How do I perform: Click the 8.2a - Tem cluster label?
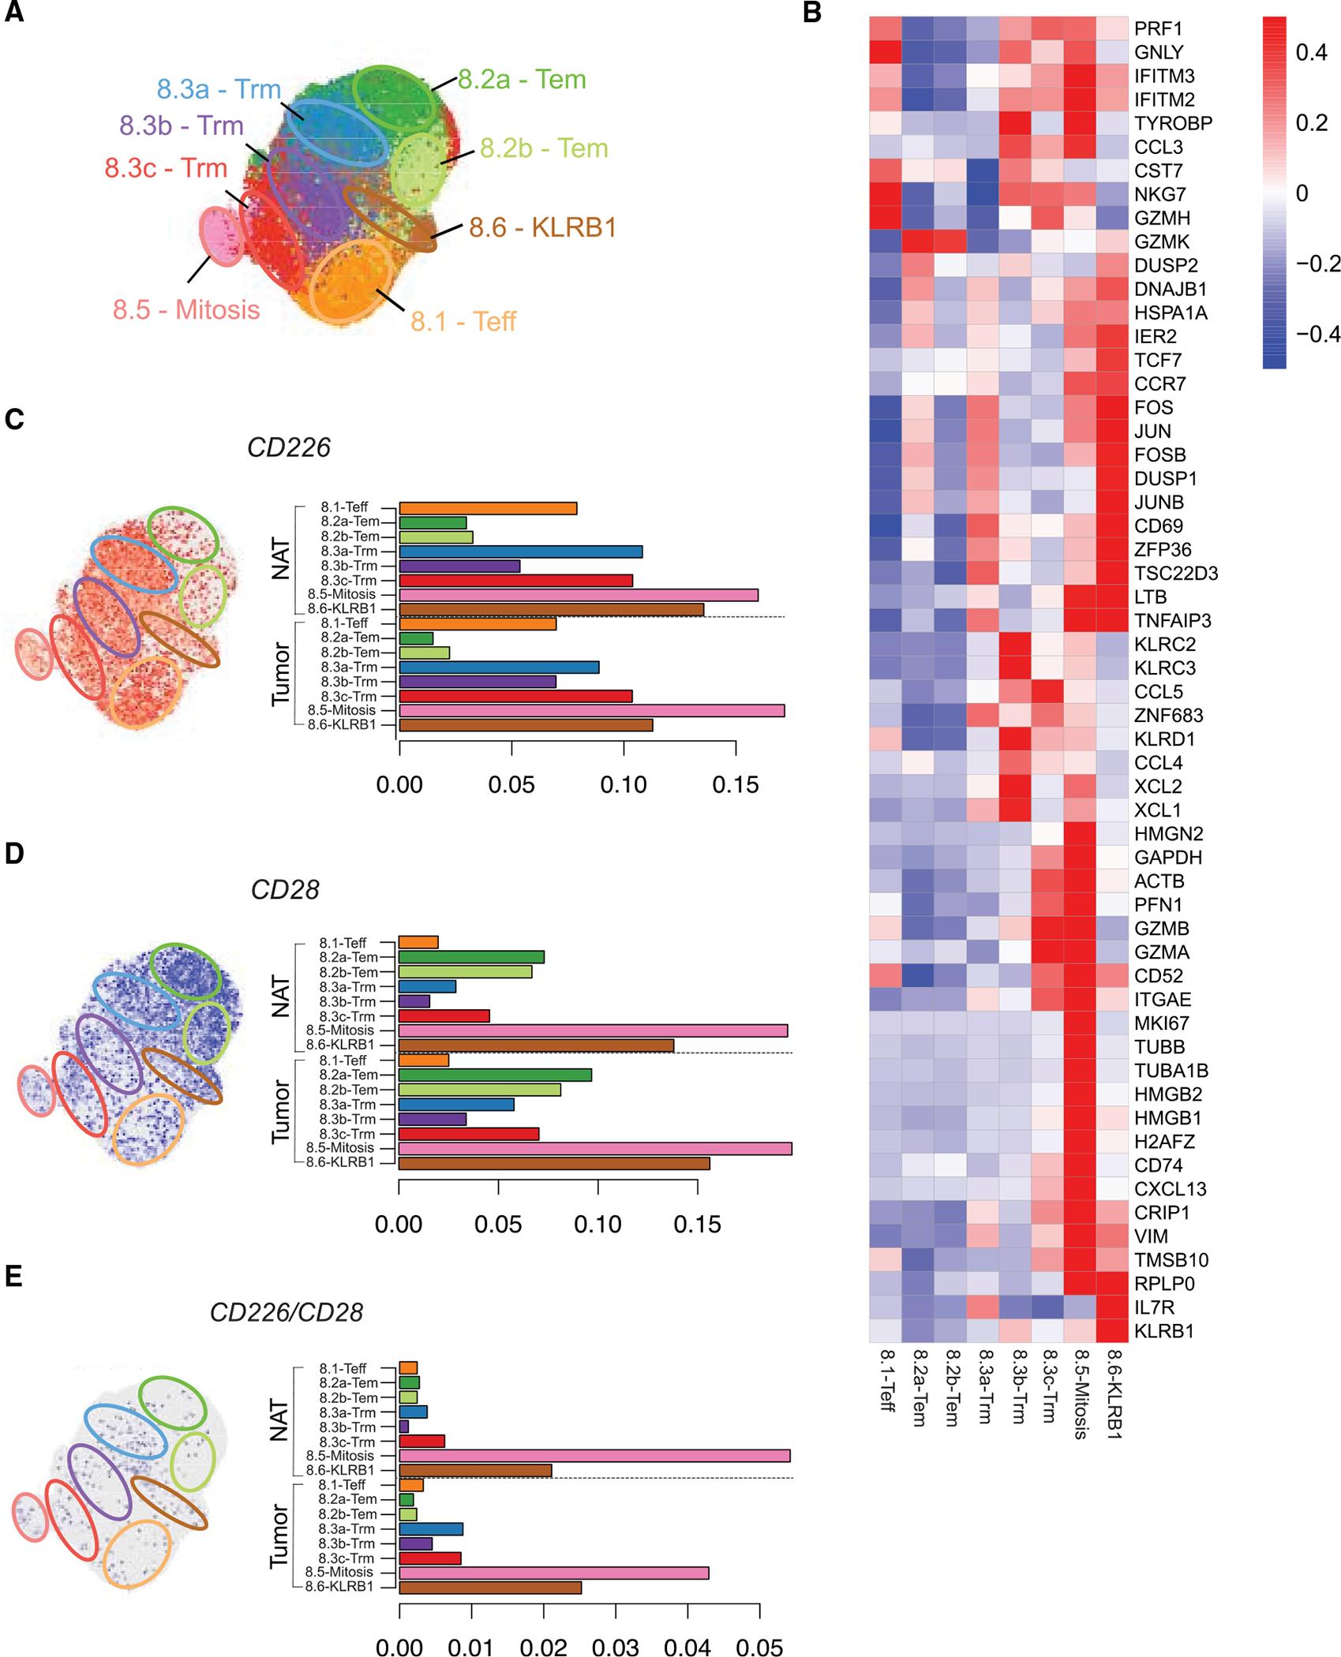tap(522, 80)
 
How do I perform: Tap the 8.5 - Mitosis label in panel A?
tap(186, 309)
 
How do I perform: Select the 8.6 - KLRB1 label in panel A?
tap(542, 227)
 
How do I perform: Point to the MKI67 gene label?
tap(1161, 1023)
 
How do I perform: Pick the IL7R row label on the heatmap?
tap(1154, 1307)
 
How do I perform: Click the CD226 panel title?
tap(288, 448)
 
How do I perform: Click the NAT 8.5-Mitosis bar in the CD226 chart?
tap(579, 594)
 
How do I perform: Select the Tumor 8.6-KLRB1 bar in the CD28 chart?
tap(554, 1163)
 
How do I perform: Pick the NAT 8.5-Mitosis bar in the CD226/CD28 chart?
tap(594, 1456)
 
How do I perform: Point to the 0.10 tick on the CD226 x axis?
tap(624, 785)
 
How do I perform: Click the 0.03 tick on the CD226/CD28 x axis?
tap(616, 1647)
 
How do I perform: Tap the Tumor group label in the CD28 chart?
tap(280, 1113)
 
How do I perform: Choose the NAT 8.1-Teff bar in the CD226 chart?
tap(488, 508)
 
